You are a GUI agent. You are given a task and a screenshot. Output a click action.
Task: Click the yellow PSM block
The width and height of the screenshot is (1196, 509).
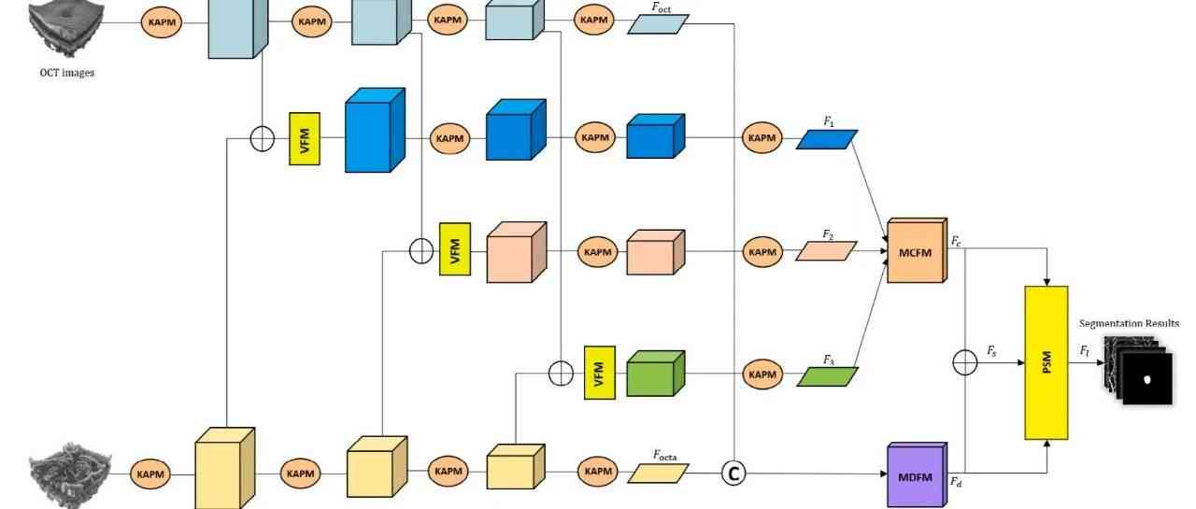point(1046,362)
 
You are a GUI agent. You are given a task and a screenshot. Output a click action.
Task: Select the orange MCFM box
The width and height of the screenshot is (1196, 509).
point(916,252)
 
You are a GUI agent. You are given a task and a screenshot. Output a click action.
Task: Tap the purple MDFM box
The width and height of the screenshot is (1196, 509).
point(915,475)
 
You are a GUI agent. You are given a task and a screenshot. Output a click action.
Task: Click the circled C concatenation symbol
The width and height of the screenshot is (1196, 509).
point(733,474)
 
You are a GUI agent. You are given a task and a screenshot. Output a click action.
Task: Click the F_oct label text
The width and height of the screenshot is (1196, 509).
point(662,7)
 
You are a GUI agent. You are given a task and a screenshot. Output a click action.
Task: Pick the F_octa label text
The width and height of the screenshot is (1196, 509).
point(664,456)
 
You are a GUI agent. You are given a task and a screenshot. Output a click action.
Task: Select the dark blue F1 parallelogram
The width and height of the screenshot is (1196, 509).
point(827,139)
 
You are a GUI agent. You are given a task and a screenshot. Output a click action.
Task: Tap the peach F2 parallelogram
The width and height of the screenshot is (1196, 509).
point(826,251)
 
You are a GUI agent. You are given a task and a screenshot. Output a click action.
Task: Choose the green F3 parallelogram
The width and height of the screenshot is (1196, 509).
point(827,375)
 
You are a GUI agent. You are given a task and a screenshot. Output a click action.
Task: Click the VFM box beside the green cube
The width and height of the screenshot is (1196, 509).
point(599,372)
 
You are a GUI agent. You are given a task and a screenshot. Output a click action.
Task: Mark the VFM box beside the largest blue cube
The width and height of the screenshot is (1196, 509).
point(305,140)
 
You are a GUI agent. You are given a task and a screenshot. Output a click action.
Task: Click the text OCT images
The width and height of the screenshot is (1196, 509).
point(66,72)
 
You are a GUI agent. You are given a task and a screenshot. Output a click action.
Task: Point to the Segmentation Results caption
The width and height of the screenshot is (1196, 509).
point(1129,324)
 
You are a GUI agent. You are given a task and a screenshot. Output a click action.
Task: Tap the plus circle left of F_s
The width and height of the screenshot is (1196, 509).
point(964,361)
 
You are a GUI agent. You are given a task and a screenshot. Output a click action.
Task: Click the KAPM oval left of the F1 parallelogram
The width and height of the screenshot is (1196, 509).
point(762,138)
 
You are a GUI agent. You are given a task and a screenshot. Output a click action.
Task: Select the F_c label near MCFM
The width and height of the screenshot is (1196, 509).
point(957,241)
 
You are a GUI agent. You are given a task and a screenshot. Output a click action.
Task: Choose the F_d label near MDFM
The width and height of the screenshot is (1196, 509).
point(957,482)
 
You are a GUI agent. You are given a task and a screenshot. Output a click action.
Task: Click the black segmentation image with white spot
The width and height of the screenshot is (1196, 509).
point(1147,378)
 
